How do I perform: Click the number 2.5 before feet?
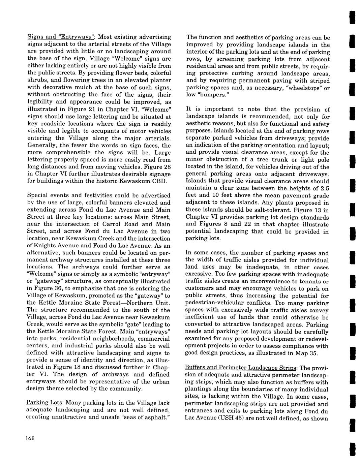point(324,188)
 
